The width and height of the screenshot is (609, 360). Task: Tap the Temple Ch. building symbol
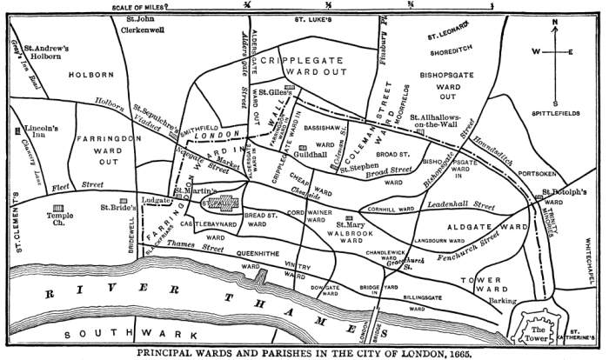(x=60, y=210)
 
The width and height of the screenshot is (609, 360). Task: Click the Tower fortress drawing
(x=540, y=330)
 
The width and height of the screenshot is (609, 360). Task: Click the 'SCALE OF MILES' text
(x=143, y=5)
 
